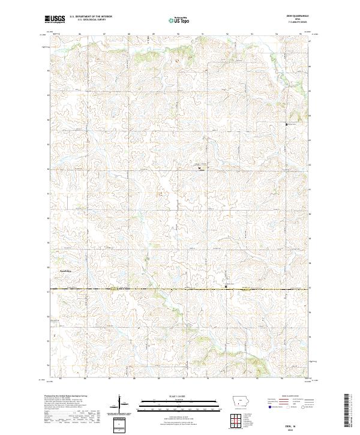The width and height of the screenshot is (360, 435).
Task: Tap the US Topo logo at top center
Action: [x=178, y=19]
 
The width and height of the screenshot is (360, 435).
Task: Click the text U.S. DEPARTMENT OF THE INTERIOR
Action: [x=91, y=17]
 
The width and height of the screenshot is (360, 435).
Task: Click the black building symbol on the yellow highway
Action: [x=226, y=287]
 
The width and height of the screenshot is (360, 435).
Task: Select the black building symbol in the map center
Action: [x=200, y=169]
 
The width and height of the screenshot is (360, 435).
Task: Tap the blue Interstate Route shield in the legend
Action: [x=270, y=406]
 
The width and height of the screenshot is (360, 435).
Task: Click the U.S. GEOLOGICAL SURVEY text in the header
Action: [x=87, y=20]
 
